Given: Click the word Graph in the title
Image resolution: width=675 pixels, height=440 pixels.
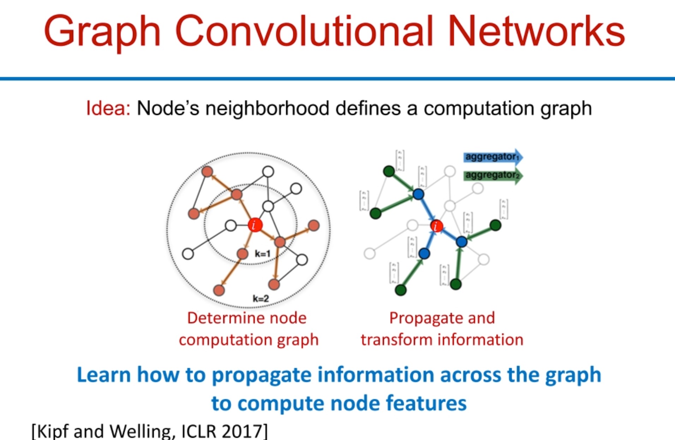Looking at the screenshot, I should pyautogui.click(x=102, y=32).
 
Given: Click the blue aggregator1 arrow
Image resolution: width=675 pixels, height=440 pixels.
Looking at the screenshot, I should pyautogui.click(x=492, y=157).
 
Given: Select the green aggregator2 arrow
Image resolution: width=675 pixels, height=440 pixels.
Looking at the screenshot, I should pyautogui.click(x=492, y=176).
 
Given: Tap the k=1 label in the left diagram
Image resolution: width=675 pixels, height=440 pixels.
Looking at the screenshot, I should pyautogui.click(x=263, y=254).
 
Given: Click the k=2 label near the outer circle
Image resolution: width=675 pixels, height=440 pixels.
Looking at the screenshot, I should pyautogui.click(x=261, y=299).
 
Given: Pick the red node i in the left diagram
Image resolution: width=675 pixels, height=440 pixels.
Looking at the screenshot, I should pyautogui.click(x=255, y=225).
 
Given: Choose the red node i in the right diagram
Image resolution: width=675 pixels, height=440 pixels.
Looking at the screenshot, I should pyautogui.click(x=436, y=226).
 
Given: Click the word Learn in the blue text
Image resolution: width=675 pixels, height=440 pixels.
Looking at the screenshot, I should pyautogui.click(x=103, y=375).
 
